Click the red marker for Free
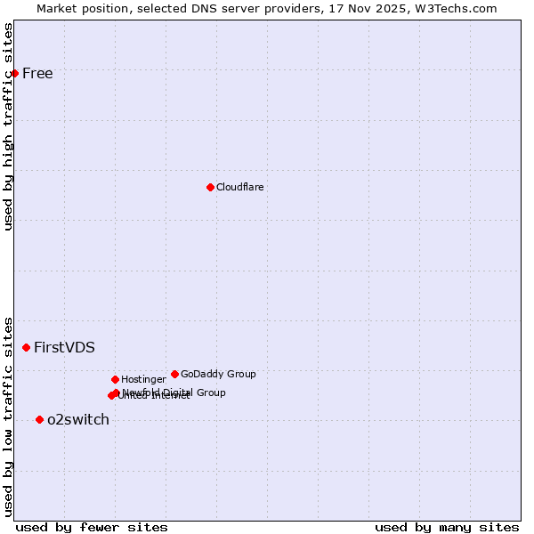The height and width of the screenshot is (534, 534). (15, 73)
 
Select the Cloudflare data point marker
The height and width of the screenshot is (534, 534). (210, 187)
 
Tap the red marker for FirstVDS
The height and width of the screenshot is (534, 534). (27, 347)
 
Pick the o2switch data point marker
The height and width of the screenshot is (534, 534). (39, 419)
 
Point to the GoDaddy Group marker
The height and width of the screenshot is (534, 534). (174, 374)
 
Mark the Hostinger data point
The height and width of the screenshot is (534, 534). (115, 379)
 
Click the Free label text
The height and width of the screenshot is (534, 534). (37, 73)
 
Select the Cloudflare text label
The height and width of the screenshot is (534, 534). (240, 187)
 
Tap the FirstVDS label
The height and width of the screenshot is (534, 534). (64, 347)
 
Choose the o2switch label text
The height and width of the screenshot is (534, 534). (78, 419)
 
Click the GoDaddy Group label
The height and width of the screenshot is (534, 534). (218, 374)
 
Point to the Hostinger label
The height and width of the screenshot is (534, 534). (143, 379)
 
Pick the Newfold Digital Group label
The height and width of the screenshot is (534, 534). (174, 392)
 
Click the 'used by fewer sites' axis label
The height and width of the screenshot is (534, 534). (92, 527)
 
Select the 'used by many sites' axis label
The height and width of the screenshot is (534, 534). (447, 527)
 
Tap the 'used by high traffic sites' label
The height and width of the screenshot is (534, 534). (9, 126)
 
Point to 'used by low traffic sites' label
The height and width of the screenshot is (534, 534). (9, 416)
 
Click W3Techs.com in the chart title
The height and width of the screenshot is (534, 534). (458, 8)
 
